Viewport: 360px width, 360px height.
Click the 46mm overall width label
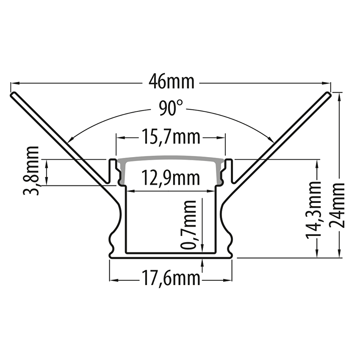171,82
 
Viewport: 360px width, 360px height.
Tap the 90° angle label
171,108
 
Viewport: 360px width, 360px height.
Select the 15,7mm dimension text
171,137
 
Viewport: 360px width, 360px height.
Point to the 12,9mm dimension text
171,178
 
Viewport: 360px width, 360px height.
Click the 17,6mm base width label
171,279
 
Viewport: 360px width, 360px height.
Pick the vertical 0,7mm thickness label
189,225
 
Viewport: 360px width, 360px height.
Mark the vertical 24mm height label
338,205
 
